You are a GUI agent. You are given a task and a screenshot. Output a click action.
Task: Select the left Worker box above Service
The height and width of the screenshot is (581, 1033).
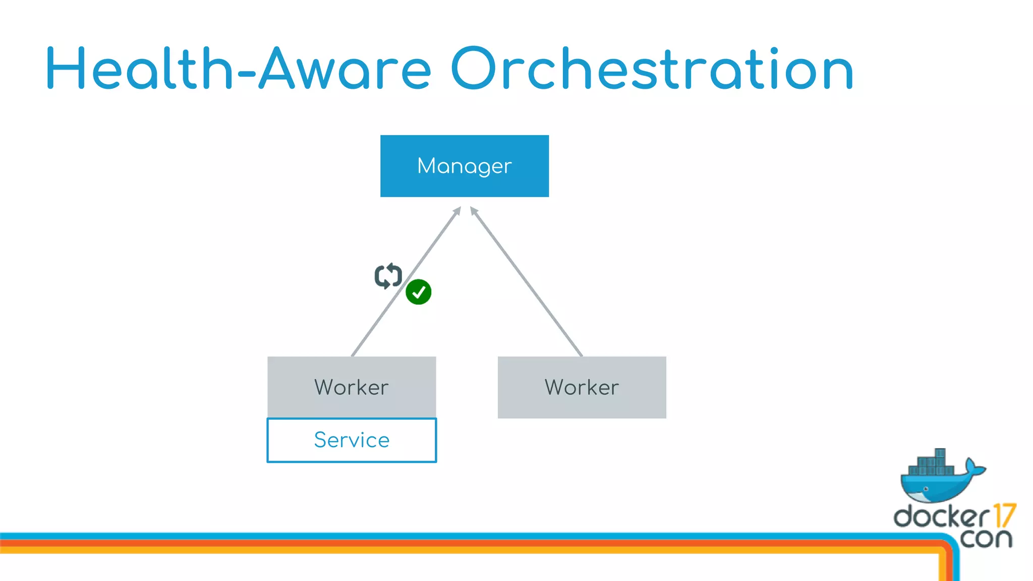click(x=352, y=387)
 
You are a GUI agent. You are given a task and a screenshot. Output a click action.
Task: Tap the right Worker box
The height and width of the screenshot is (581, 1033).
click(x=582, y=387)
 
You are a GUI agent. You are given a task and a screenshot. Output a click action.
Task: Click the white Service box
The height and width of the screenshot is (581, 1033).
click(x=352, y=451)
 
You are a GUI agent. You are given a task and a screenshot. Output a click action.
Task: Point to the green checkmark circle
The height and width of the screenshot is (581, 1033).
click(x=418, y=292)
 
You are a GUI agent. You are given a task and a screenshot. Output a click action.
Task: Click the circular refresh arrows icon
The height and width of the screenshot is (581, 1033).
click(x=388, y=276)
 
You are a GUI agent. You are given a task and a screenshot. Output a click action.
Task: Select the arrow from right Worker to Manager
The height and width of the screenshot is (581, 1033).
click(x=527, y=282)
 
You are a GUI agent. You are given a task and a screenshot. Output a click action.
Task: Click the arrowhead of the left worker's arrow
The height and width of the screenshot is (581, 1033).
click(x=457, y=210)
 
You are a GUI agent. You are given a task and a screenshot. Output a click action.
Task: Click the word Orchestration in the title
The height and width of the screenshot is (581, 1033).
click(x=652, y=69)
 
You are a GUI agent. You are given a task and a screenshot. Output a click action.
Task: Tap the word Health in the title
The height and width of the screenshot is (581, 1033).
click(x=139, y=69)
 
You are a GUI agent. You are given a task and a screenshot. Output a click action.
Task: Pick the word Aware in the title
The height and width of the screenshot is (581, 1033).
click(x=345, y=69)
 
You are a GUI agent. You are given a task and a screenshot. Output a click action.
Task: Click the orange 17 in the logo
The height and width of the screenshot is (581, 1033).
click(x=1004, y=515)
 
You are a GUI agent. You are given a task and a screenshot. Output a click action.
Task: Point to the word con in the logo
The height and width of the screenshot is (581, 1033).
click(x=986, y=539)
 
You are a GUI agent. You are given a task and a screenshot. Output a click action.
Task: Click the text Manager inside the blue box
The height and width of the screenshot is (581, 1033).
click(x=464, y=166)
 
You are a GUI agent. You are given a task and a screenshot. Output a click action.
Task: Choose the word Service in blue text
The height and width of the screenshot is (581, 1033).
click(x=352, y=440)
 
